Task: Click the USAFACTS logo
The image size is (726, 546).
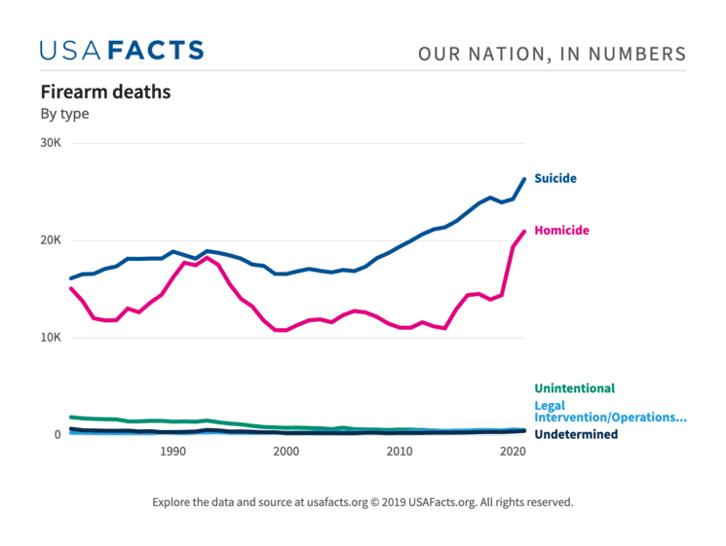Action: coord(122,51)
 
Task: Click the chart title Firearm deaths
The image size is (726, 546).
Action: coord(105,92)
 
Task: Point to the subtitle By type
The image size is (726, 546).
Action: coord(64,114)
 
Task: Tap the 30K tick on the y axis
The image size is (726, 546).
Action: coord(51,143)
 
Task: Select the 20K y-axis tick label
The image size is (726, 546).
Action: coord(51,240)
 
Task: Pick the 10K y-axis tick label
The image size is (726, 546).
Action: coord(51,338)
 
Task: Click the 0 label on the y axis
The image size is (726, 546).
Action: coord(57,434)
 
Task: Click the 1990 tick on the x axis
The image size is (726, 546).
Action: coord(172,453)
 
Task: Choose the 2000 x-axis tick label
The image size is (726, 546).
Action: coord(286,453)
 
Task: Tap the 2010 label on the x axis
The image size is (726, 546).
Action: coord(399,453)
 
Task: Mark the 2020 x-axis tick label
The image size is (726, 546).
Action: coord(512,453)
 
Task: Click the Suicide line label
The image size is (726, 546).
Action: coord(555,179)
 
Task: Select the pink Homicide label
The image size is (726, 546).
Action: coord(563,231)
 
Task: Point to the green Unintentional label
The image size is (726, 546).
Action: coord(574,388)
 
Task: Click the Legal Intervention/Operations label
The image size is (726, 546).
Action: coord(610,412)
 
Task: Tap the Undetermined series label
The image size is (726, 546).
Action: coord(576,434)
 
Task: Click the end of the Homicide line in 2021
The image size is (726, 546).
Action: coord(524,232)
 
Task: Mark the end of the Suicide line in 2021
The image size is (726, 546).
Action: coord(524,179)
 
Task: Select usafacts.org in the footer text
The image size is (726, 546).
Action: coord(330,503)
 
